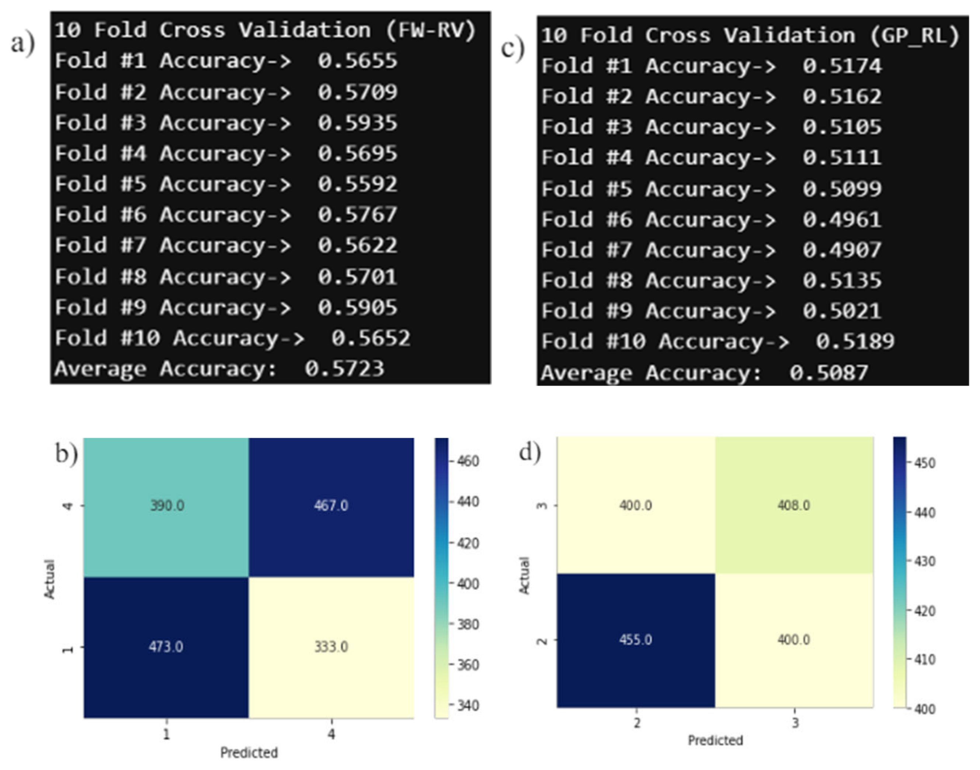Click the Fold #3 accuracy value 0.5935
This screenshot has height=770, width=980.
358,123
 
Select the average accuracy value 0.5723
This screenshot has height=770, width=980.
344,369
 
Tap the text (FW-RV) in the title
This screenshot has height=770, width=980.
431,30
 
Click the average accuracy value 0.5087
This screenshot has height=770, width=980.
828,373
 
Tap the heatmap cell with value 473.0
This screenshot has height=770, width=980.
166,647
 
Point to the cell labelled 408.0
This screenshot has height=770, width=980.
793,505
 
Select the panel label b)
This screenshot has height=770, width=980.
67,454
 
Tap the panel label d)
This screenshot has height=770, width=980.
530,452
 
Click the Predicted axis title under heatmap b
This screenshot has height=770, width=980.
249,752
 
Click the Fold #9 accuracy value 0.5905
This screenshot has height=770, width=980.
358,308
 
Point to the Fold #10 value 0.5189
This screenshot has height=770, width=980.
855,341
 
